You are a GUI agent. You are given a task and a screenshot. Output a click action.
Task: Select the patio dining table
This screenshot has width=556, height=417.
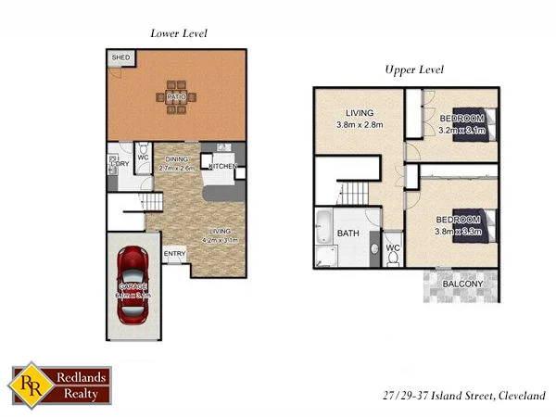click(177, 96)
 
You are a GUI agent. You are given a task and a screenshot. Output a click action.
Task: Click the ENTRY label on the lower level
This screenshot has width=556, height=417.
click(174, 254)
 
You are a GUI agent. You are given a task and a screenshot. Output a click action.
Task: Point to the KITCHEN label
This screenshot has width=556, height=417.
click(223, 167)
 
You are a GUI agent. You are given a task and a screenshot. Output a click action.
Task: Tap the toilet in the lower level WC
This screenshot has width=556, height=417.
click(144, 152)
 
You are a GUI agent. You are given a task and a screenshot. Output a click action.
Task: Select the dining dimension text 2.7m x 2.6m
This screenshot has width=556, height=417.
click(176, 169)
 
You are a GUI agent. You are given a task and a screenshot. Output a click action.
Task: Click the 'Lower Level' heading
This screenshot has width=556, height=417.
click(178, 33)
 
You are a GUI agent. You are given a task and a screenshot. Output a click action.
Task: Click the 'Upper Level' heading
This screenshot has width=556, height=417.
click(414, 70)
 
